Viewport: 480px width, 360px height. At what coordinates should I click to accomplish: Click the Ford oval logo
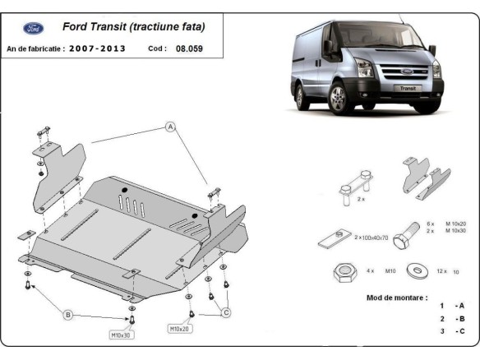(x=35, y=28)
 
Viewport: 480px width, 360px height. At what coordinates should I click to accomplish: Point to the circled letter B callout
(x=68, y=314)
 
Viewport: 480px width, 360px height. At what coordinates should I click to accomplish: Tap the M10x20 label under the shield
(x=182, y=329)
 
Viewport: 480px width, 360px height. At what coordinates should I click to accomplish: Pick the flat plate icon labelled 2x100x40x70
(x=330, y=238)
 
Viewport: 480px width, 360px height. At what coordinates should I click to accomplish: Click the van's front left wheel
(x=339, y=104)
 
